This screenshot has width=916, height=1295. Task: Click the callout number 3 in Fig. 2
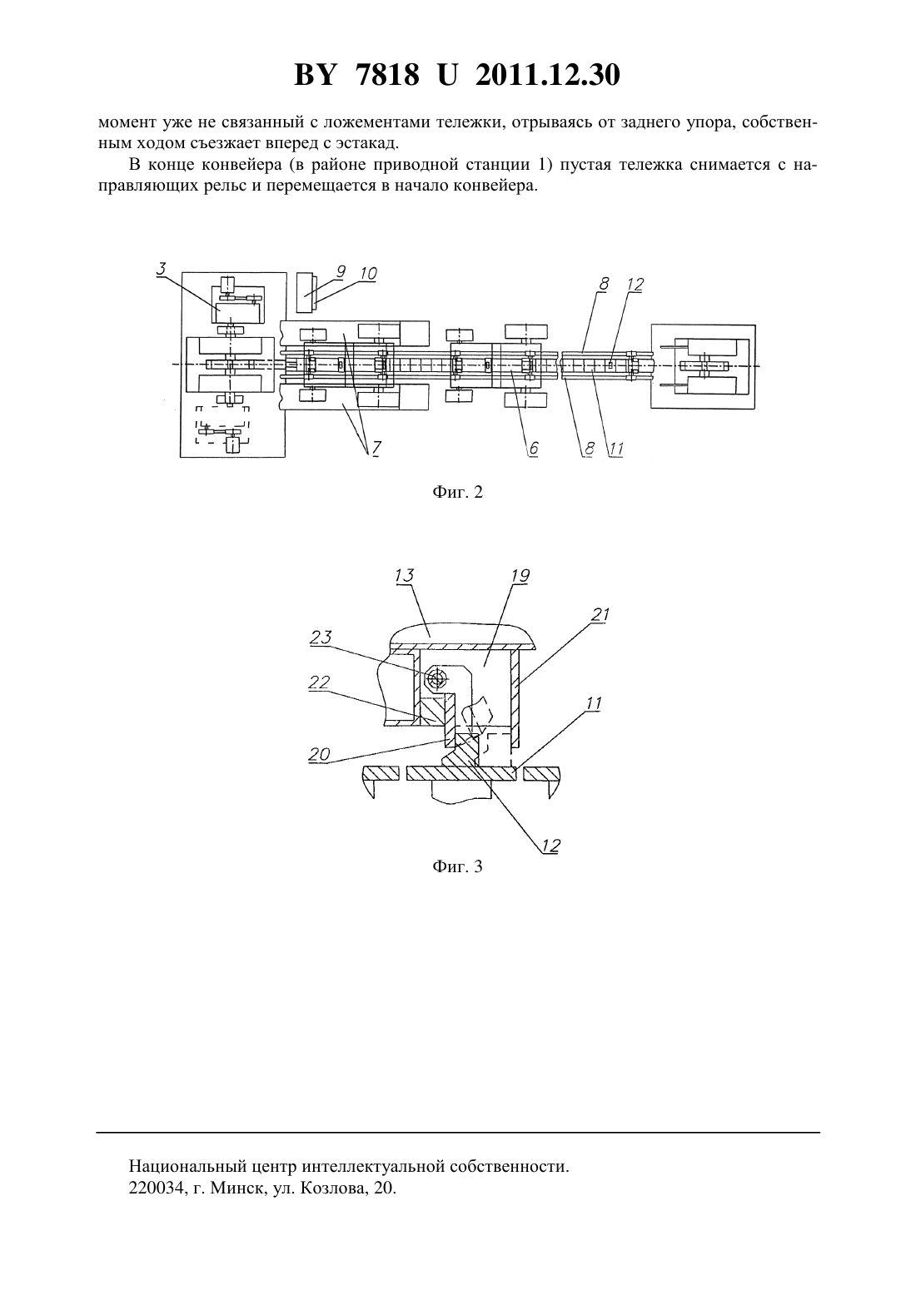pos(162,269)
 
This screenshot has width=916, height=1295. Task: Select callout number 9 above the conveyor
pos(341,271)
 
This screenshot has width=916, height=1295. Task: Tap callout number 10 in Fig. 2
pos(368,274)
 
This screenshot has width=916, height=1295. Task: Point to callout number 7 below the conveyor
pos(376,448)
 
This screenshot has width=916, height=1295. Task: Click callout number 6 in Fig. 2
pos(534,448)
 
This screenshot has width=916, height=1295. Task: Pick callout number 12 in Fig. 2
pos(635,285)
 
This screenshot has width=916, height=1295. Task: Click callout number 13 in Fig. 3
pos(404,576)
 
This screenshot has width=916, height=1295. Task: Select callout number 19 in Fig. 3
pos(520,576)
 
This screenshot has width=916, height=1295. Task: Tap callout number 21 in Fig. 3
pos(600,614)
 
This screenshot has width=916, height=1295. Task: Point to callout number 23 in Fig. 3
pos(321,637)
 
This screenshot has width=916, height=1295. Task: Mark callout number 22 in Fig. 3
pos(319,682)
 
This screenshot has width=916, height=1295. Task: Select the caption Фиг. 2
pos(457,492)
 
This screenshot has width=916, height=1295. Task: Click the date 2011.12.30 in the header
pos(548,75)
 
